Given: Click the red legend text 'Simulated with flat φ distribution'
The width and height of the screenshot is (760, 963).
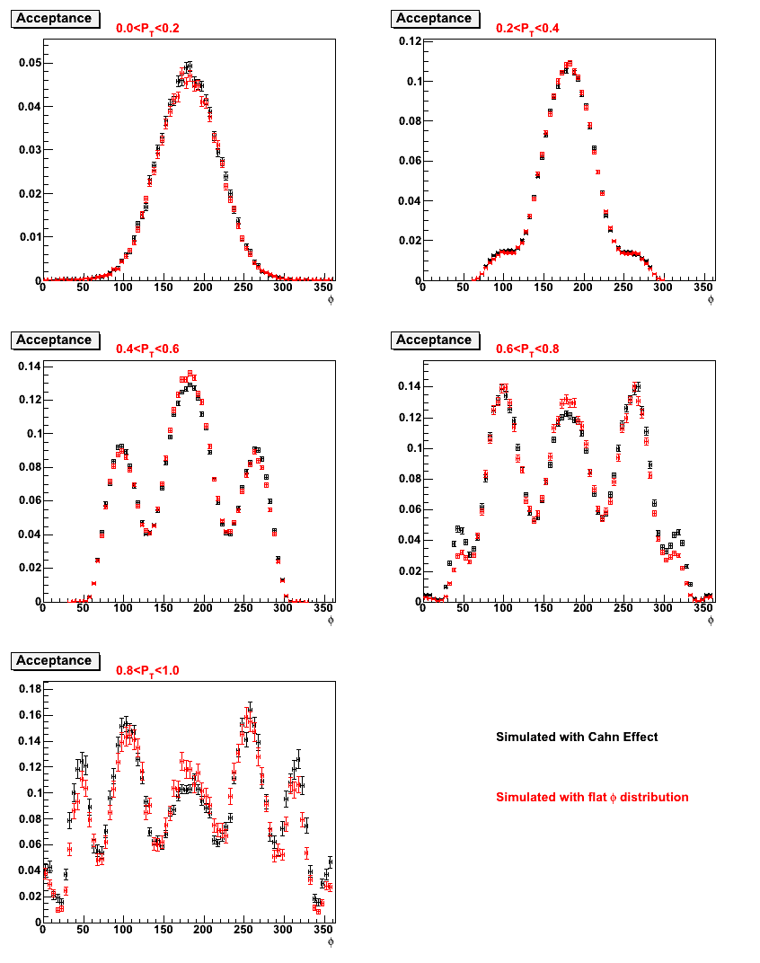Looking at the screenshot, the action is point(592,797).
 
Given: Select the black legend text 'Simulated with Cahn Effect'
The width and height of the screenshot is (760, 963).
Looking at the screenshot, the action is point(577,737).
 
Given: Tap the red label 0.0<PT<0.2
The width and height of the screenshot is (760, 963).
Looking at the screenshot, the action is point(147,29).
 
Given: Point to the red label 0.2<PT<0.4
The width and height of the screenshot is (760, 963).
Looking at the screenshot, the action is point(527,29).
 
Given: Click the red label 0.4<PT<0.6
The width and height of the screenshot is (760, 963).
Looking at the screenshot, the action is point(147,349).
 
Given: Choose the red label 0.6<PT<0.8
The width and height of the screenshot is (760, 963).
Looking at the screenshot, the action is point(527,349).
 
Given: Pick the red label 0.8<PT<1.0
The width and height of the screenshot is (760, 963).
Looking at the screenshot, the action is point(147,671).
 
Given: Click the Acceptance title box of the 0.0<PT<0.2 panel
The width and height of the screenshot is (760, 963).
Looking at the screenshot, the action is point(56,19).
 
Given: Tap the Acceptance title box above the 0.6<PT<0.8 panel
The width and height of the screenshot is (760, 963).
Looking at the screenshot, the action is point(435,340).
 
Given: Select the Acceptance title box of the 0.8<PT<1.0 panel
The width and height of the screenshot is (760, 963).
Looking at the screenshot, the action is point(56,661).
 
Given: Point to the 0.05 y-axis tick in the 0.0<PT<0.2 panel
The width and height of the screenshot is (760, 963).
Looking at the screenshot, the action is point(31,63).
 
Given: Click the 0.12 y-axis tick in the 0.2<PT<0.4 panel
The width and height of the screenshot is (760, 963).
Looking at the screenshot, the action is point(410,41).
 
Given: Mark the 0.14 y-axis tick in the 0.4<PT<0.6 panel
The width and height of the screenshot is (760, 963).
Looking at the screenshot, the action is point(31,367).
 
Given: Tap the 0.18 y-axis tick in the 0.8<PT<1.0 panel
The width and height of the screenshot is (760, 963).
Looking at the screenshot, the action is point(31,688).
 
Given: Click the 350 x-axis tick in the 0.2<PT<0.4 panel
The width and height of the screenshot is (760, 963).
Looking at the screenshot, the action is point(703,287).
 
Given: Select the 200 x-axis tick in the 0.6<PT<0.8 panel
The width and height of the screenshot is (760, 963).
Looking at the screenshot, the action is point(582,608).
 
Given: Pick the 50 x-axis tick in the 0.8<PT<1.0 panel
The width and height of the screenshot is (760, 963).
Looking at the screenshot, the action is point(83,929).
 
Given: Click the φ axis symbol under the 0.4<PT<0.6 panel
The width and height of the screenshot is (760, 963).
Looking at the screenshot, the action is point(331,621).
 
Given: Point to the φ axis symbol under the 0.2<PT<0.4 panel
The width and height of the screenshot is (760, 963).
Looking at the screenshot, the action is point(711,300).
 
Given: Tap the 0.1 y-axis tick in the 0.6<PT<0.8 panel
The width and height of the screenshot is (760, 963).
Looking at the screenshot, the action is point(414,448).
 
